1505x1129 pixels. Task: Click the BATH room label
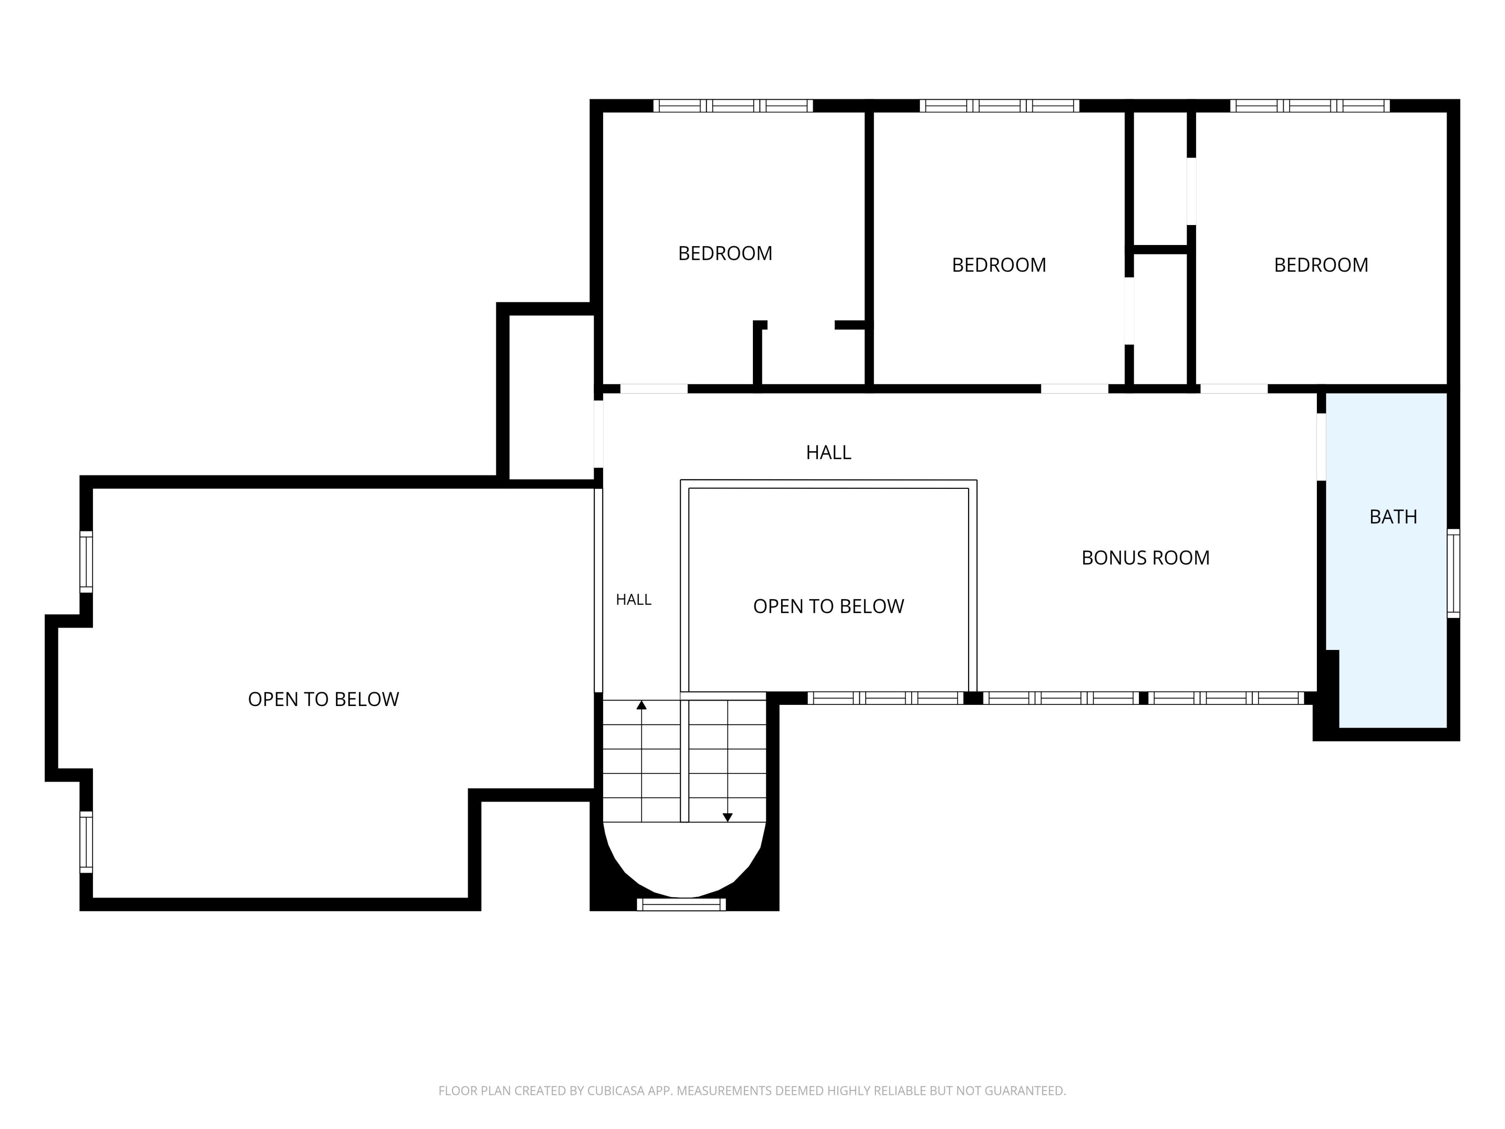point(1393,517)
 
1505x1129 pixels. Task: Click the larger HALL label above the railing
point(829,452)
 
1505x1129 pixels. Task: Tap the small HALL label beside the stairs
point(633,599)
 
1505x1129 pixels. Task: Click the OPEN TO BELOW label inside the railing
point(829,606)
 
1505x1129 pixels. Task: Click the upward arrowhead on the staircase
point(641,705)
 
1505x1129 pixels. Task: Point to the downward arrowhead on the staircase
point(727,817)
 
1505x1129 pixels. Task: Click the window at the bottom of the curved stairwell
point(681,904)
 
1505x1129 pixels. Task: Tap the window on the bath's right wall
point(1453,573)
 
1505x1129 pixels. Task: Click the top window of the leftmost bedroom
point(733,105)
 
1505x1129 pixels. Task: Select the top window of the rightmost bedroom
point(1310,105)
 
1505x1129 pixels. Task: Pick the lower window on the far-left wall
point(86,842)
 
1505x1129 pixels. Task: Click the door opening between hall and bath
point(1321,447)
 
